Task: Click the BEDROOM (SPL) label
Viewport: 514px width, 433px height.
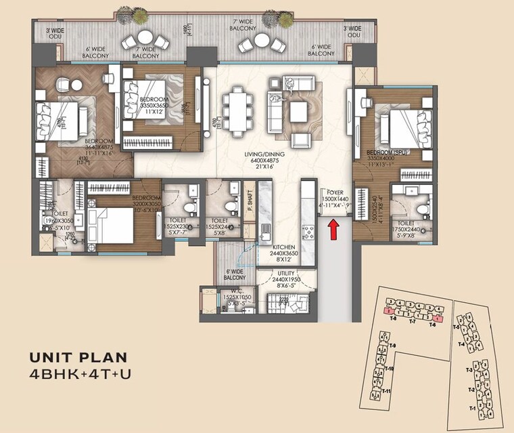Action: pyautogui.click(x=385, y=153)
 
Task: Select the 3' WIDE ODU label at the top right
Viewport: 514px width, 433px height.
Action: pyautogui.click(x=352, y=32)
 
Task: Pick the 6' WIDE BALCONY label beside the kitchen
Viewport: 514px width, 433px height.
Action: pyautogui.click(x=235, y=274)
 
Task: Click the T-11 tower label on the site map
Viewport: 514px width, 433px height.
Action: pyautogui.click(x=386, y=392)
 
